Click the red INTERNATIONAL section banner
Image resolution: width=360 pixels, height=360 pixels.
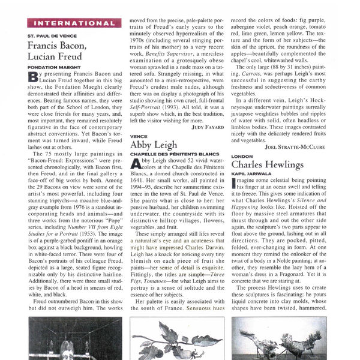(74, 23)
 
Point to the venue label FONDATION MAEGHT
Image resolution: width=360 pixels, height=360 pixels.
(54, 68)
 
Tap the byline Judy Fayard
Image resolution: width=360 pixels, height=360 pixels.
(191, 127)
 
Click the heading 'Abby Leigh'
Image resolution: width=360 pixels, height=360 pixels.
(154, 145)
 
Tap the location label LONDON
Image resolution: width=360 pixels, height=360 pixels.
(239, 156)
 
